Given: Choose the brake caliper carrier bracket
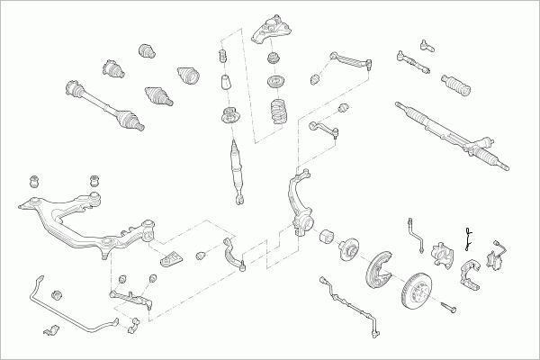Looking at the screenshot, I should (x=470, y=274).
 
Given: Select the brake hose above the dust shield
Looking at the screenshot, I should (x=417, y=230).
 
